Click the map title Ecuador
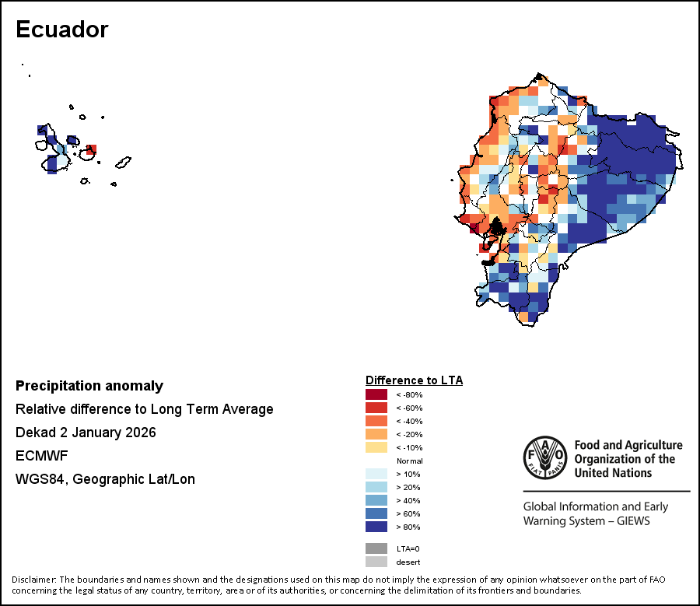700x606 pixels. pyautogui.click(x=62, y=30)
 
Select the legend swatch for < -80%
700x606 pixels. pyautogui.click(x=376, y=394)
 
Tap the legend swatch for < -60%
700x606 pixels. pyautogui.click(x=376, y=408)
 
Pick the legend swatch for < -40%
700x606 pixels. pyautogui.click(x=376, y=421)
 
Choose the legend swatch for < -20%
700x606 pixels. pyautogui.click(x=376, y=434)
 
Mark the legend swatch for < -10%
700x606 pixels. pyautogui.click(x=376, y=447)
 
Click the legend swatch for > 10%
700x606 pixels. pyautogui.click(x=376, y=474)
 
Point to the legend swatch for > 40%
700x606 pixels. pyautogui.click(x=376, y=500)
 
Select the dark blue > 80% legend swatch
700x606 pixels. pyautogui.click(x=376, y=527)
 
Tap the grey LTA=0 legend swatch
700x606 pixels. pyautogui.click(x=376, y=548)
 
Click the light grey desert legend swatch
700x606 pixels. pyautogui.click(x=376, y=562)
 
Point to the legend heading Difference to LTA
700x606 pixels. pyautogui.click(x=414, y=380)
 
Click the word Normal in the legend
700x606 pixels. pyautogui.click(x=409, y=461)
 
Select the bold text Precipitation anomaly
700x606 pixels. pyautogui.click(x=89, y=386)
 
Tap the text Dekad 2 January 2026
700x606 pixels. pyautogui.click(x=86, y=433)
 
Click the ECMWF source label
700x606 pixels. pyautogui.click(x=37, y=456)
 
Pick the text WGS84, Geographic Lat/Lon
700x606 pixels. pyautogui.click(x=105, y=479)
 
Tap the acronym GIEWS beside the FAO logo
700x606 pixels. pyautogui.click(x=628, y=520)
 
